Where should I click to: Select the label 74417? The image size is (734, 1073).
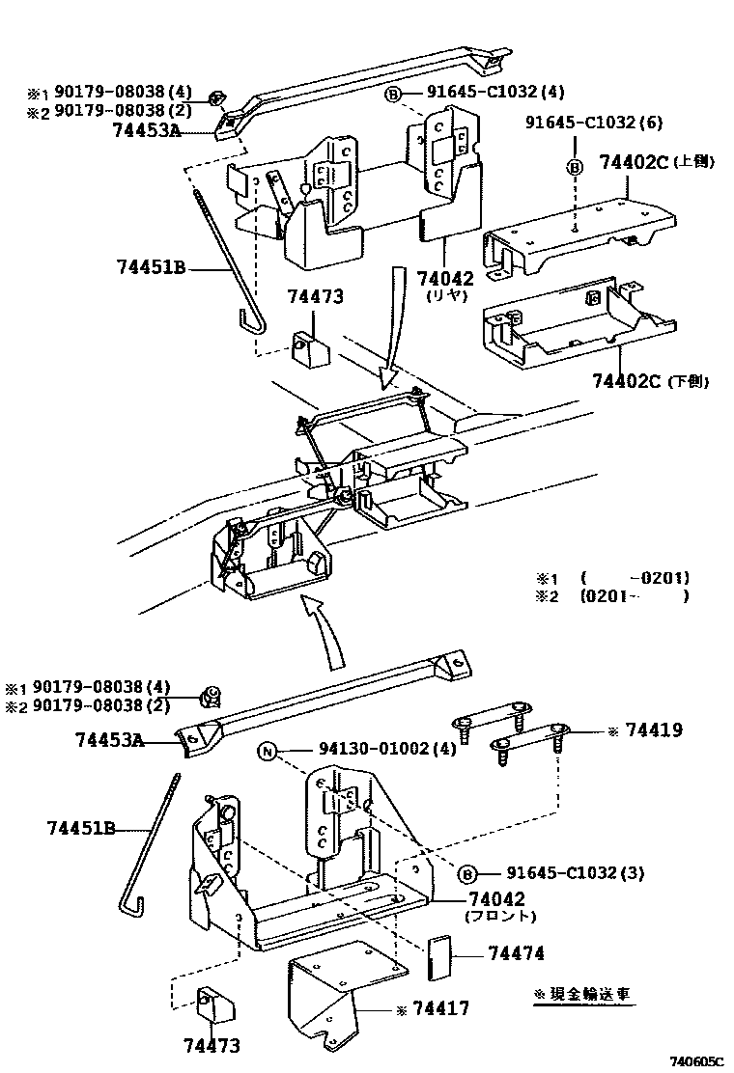point(441,1008)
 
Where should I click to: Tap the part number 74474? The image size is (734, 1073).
point(516,953)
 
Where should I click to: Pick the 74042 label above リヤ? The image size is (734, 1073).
point(445,278)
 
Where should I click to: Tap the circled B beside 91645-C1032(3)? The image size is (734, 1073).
point(466,873)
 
